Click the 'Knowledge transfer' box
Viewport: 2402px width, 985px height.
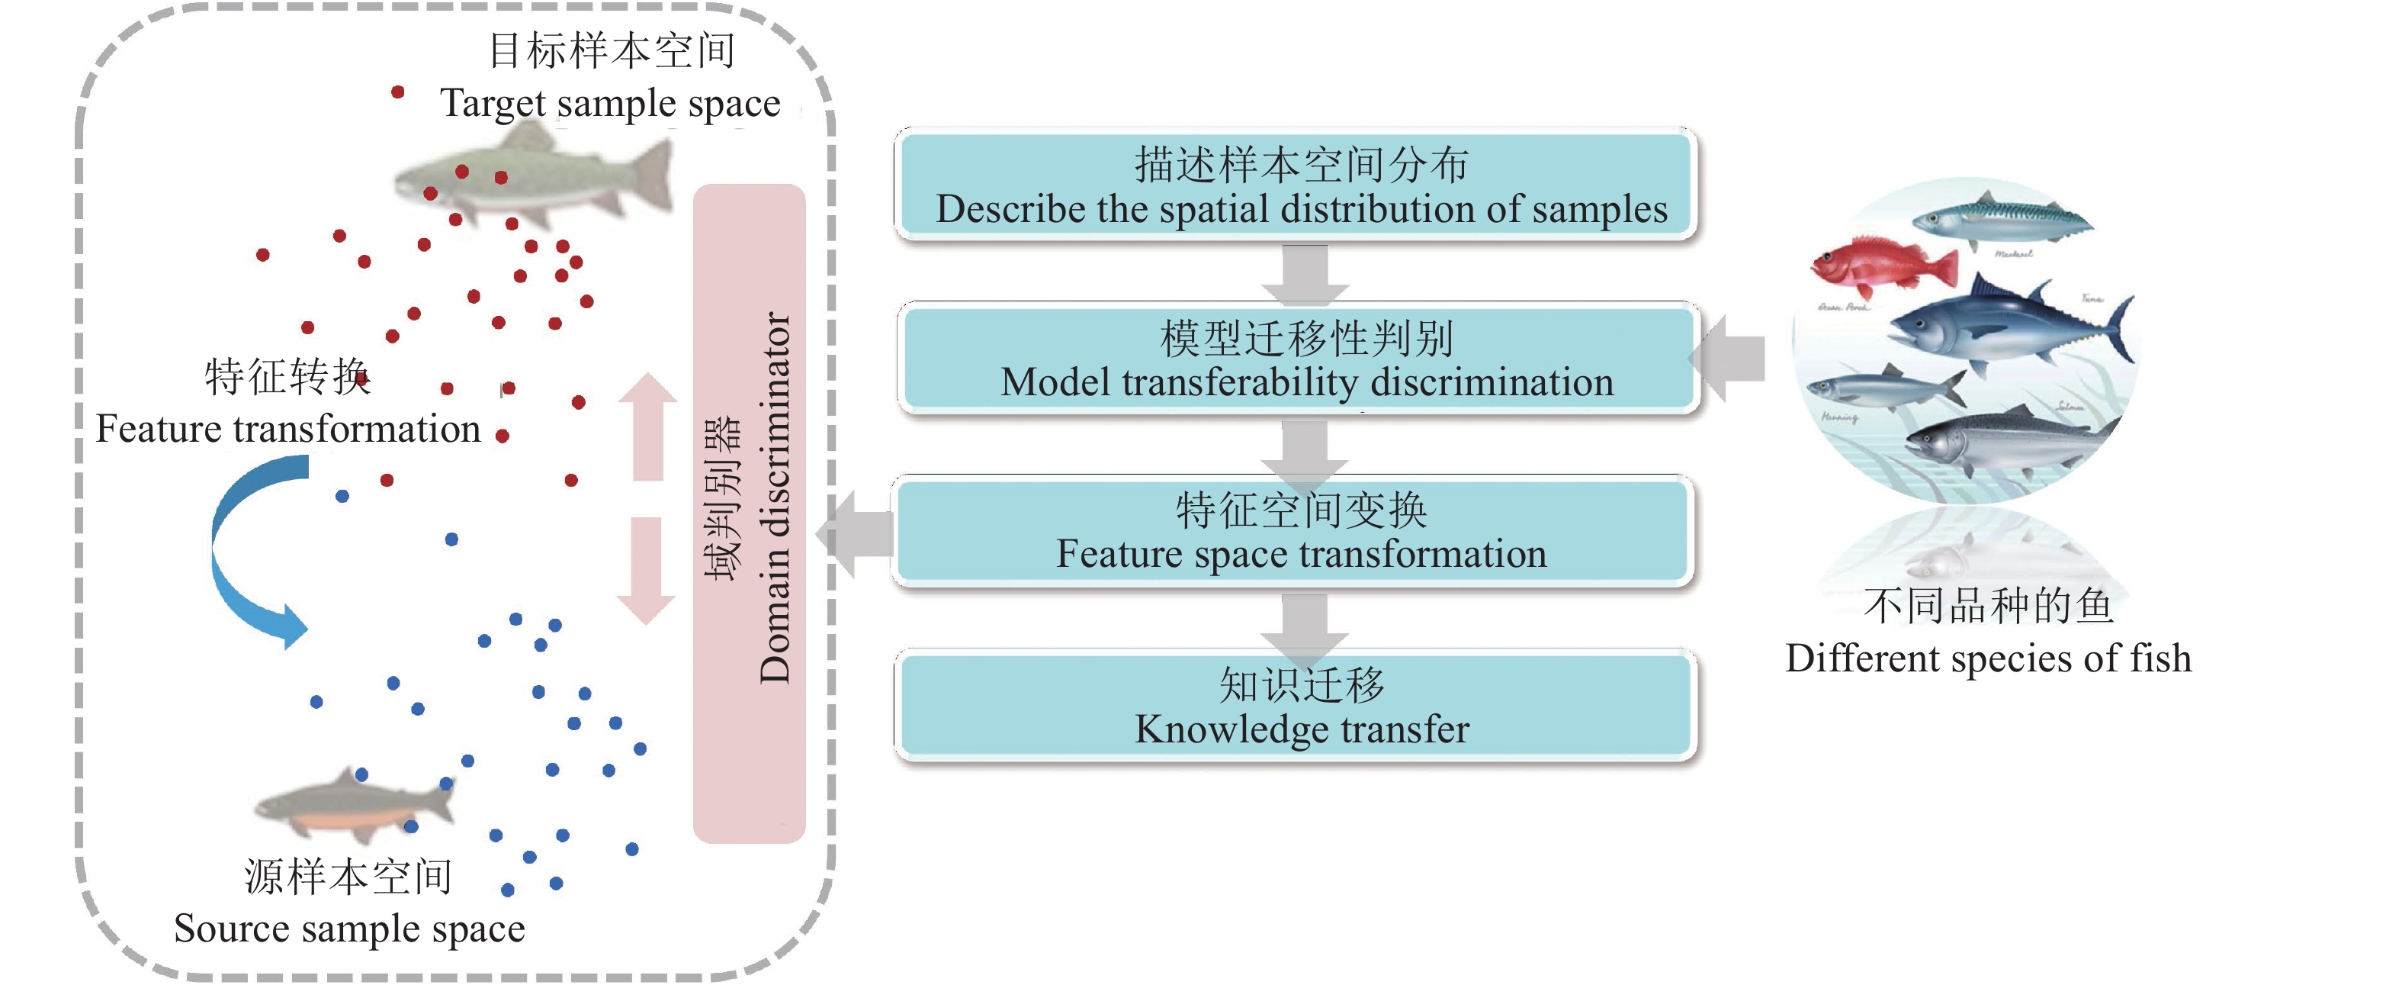point(1296,706)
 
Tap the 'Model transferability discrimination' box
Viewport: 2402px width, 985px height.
point(1298,359)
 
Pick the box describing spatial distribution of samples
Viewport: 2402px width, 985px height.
point(1296,185)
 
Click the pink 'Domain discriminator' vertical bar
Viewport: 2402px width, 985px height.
point(749,513)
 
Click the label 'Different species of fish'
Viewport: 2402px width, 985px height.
point(1988,658)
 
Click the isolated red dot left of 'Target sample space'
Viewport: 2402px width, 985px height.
point(397,92)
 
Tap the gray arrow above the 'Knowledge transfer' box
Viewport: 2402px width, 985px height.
point(1305,623)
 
